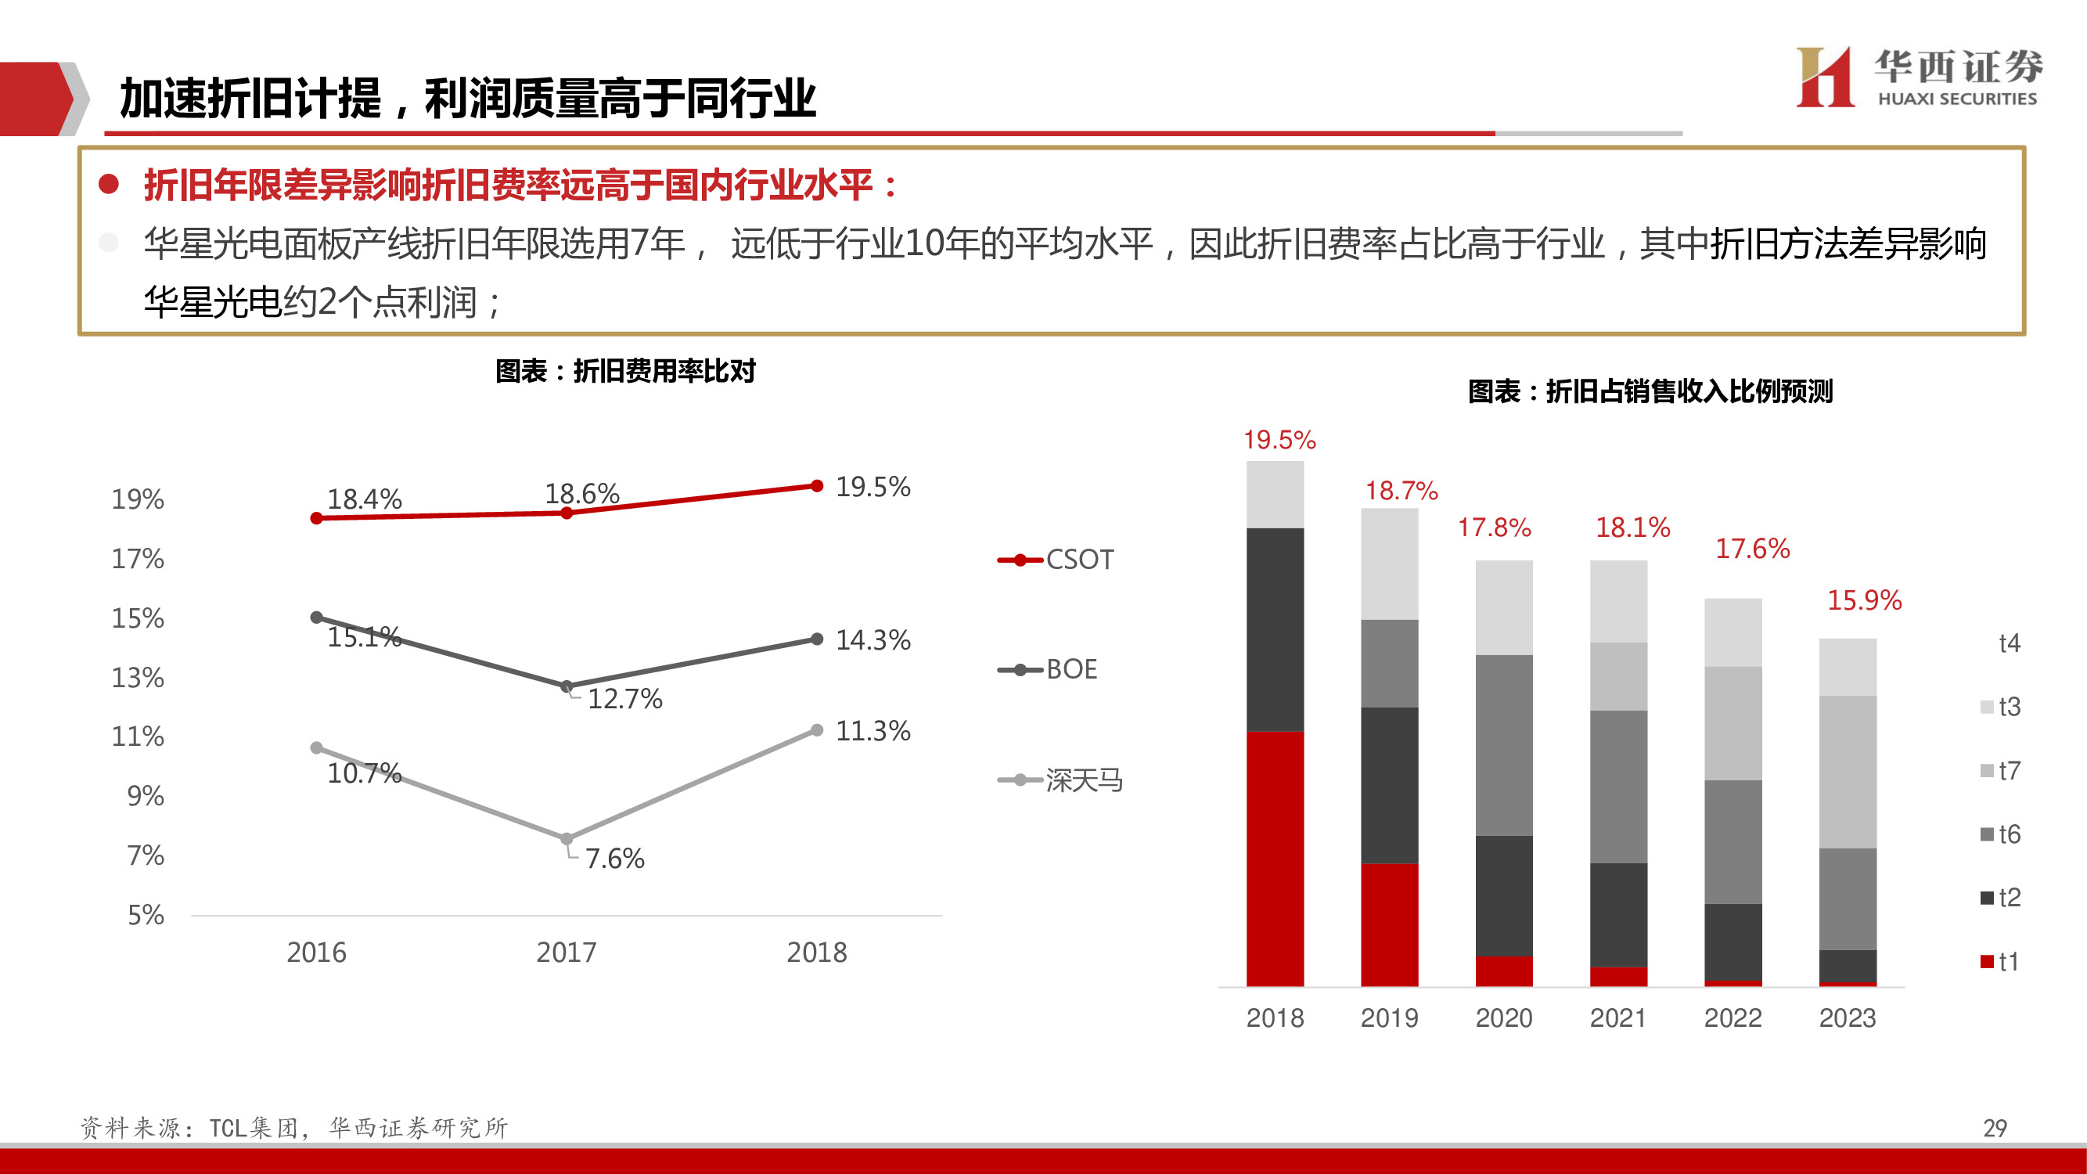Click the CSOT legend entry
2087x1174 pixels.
pyautogui.click(x=1056, y=560)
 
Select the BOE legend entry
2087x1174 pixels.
pyautogui.click(x=1049, y=670)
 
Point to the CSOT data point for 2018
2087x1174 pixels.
pyautogui.click(x=817, y=486)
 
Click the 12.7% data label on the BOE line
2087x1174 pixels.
pyautogui.click(x=624, y=698)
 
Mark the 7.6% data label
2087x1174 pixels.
pyautogui.click(x=614, y=858)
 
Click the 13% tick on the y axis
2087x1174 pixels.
pyautogui.click(x=138, y=677)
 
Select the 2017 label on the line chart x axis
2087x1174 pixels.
pyautogui.click(x=566, y=952)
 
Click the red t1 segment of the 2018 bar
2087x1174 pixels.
pyautogui.click(x=1275, y=858)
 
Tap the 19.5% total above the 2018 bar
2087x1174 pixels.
pyautogui.click(x=1279, y=440)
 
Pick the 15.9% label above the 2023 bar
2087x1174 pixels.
pyautogui.click(x=1863, y=600)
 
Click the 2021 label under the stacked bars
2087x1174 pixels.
pyautogui.click(x=1618, y=1017)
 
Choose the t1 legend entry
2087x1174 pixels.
pyautogui.click(x=2000, y=962)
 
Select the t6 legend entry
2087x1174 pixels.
pyautogui.click(x=2000, y=834)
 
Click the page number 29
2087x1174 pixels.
pyautogui.click(x=1995, y=1128)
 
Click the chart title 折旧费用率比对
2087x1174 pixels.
pyautogui.click(x=624, y=371)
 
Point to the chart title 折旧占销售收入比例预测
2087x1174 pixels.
pyautogui.click(x=1650, y=391)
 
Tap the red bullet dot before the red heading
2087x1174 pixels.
pyautogui.click(x=109, y=184)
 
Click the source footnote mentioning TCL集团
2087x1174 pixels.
pyautogui.click(x=294, y=1128)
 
